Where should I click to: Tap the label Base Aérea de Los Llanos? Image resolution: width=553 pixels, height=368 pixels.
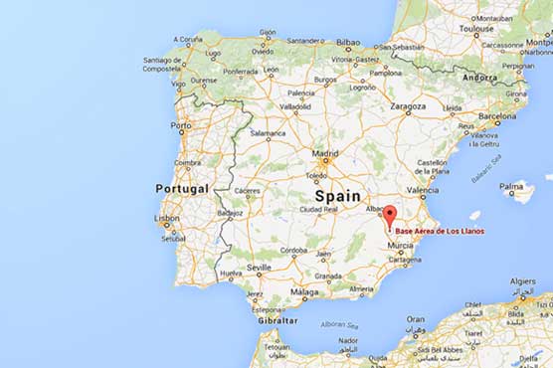point(440,232)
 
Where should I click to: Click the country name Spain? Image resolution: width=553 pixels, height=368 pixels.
point(336,196)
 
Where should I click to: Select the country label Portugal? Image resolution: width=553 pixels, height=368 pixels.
point(182,188)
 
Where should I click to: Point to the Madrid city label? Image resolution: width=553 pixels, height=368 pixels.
point(325,154)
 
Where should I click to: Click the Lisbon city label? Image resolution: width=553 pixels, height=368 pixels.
point(165,218)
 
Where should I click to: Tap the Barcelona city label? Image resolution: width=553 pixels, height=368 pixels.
point(497,114)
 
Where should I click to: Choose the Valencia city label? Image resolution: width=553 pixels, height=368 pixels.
point(423,190)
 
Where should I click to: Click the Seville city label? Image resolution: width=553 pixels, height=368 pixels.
point(260,268)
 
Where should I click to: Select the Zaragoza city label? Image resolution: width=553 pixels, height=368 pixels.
point(409,104)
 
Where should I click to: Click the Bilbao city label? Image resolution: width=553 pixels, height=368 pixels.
point(348,43)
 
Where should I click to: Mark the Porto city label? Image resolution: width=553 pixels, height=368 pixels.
point(180,126)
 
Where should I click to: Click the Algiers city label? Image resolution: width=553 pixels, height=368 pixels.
point(522,281)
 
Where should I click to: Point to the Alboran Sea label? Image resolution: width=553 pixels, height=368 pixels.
point(339,324)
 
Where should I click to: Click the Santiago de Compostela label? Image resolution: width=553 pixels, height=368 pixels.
point(162,64)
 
